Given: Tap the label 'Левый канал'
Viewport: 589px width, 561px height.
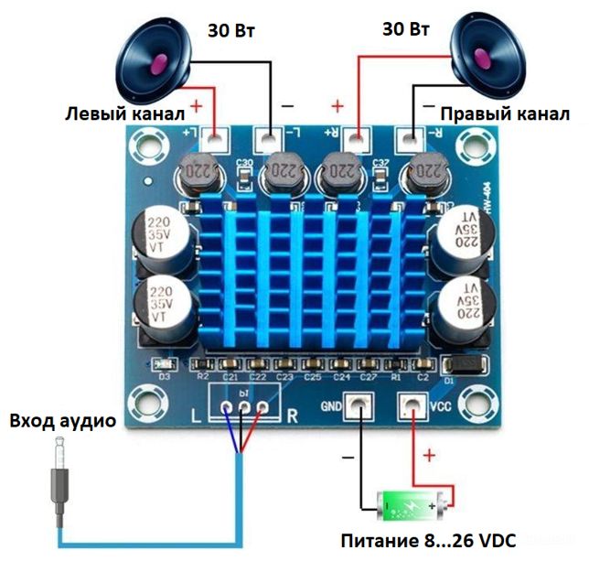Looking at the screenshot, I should pyautogui.click(x=124, y=113).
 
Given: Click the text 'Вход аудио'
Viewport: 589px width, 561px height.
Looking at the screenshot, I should pyautogui.click(x=63, y=422).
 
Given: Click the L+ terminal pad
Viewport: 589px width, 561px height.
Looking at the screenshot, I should pyautogui.click(x=216, y=140).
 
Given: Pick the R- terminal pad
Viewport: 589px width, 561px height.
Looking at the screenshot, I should pyautogui.click(x=409, y=140).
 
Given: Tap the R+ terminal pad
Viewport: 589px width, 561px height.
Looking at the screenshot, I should pyautogui.click(x=357, y=140).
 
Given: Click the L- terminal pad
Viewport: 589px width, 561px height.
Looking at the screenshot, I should pyautogui.click(x=268, y=140).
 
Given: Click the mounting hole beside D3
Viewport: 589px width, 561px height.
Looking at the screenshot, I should pyautogui.click(x=145, y=403).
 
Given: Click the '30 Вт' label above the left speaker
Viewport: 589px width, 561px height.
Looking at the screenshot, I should pyautogui.click(x=230, y=30).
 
